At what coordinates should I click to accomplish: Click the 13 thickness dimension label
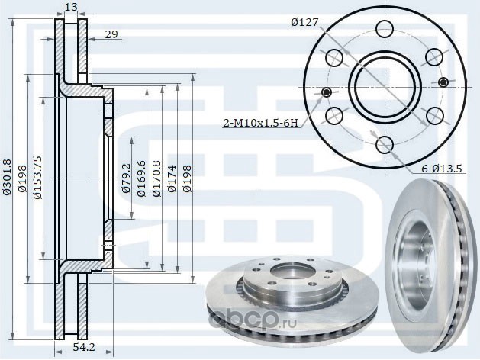71,8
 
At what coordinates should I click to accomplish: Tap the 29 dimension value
111,35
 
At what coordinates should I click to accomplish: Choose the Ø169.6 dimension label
141,178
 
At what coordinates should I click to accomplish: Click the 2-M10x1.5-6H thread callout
259,122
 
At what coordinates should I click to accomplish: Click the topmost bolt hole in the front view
385,29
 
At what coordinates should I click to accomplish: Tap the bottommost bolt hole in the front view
385,143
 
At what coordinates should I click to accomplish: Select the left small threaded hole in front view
327,92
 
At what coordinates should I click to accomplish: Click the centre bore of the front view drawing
385,86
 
